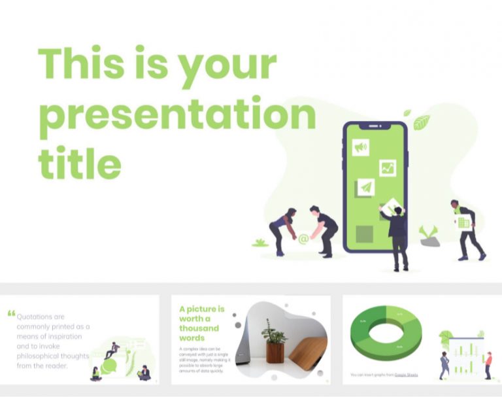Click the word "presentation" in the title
pyautogui.click(x=176, y=116)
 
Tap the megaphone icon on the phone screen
pyautogui.click(x=360, y=148)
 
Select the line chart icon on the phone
pyautogui.click(x=388, y=168)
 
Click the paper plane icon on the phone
pyautogui.click(x=365, y=188)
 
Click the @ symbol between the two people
pyautogui.click(x=303, y=239)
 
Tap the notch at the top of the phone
pyautogui.click(x=375, y=126)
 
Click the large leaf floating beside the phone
pyautogui.click(x=421, y=122)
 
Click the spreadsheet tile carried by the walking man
pyautogui.click(x=463, y=222)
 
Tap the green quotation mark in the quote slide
pyautogui.click(x=11, y=313)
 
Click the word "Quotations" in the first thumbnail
pyautogui.click(x=41, y=316)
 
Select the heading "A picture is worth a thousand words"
pyautogui.click(x=202, y=323)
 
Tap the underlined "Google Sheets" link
pyautogui.click(x=406, y=375)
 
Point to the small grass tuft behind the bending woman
pyautogui.click(x=260, y=243)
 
